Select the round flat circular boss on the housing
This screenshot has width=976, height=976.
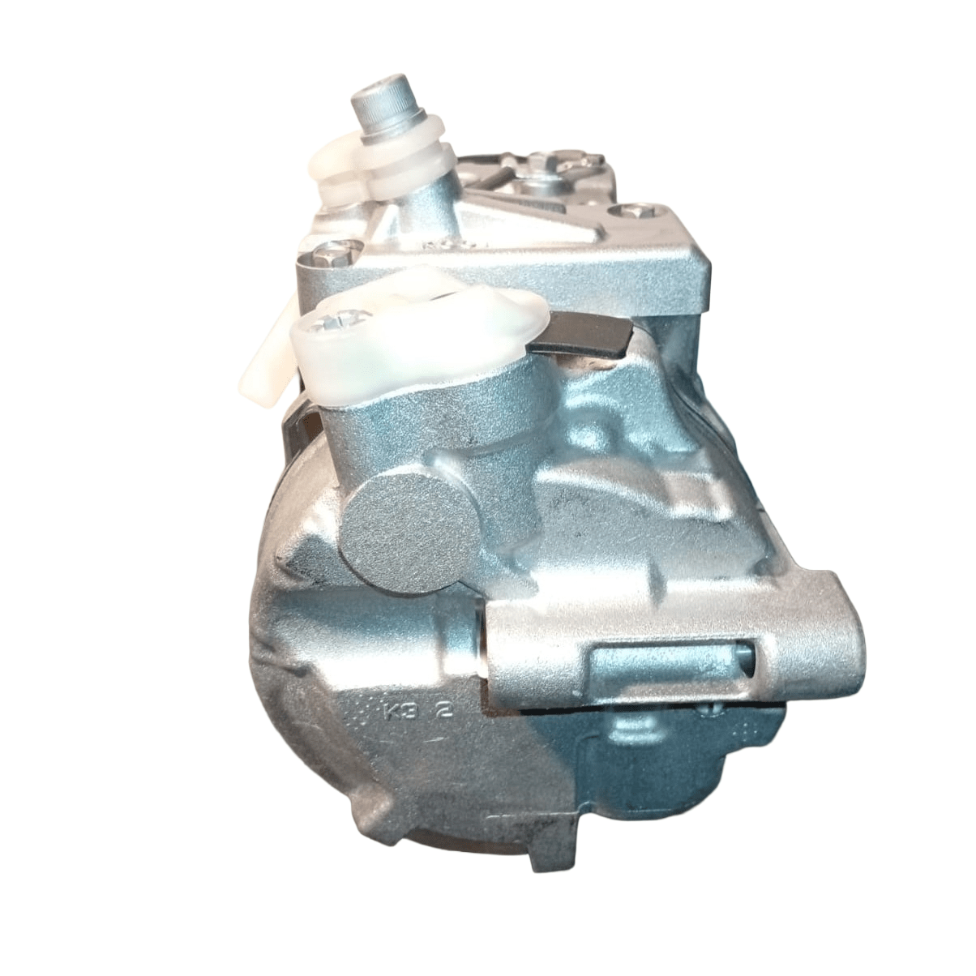click(409, 534)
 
